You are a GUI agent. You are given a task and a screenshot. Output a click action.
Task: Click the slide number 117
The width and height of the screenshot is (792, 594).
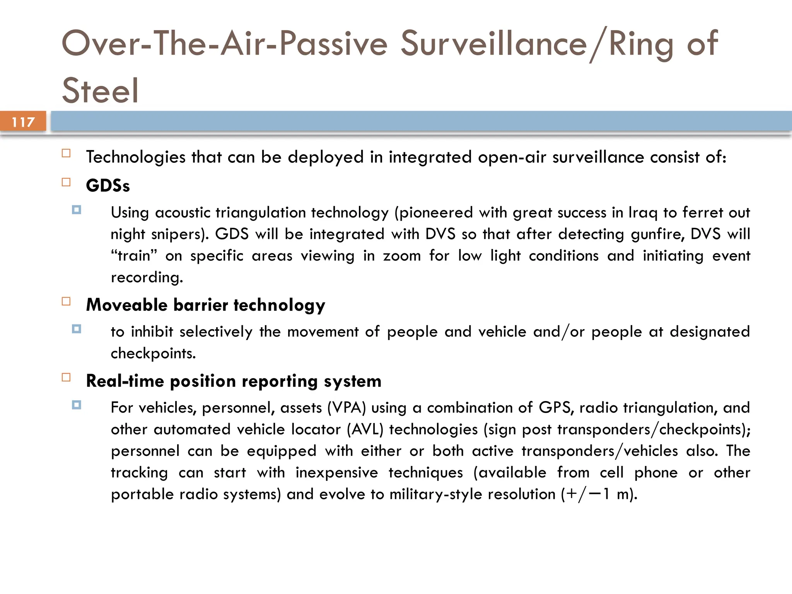pyautogui.click(x=23, y=122)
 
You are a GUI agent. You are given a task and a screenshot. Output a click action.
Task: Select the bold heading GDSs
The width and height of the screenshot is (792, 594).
pyautogui.click(x=108, y=186)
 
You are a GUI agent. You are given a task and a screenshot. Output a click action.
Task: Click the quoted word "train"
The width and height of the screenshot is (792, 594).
pyautogui.click(x=134, y=256)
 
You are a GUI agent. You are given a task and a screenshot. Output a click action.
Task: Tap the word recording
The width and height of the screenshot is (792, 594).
pyautogui.click(x=147, y=278)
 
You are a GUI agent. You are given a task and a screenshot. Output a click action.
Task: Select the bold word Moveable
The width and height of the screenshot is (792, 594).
pyautogui.click(x=126, y=305)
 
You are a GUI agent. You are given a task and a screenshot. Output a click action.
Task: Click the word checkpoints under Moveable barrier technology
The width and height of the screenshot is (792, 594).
pyautogui.click(x=153, y=353)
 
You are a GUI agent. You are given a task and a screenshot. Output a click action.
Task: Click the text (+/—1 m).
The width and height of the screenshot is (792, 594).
pyautogui.click(x=598, y=495)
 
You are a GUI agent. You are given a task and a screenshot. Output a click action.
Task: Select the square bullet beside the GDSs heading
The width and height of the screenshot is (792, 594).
pyautogui.click(x=66, y=183)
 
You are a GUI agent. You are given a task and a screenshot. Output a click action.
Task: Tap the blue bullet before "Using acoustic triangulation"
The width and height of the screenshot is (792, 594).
pyautogui.click(x=77, y=210)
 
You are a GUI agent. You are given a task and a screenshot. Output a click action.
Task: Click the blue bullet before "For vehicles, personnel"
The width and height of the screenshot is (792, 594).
pyautogui.click(x=77, y=405)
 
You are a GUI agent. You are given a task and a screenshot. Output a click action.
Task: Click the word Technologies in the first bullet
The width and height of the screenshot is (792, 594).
pyautogui.click(x=136, y=157)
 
